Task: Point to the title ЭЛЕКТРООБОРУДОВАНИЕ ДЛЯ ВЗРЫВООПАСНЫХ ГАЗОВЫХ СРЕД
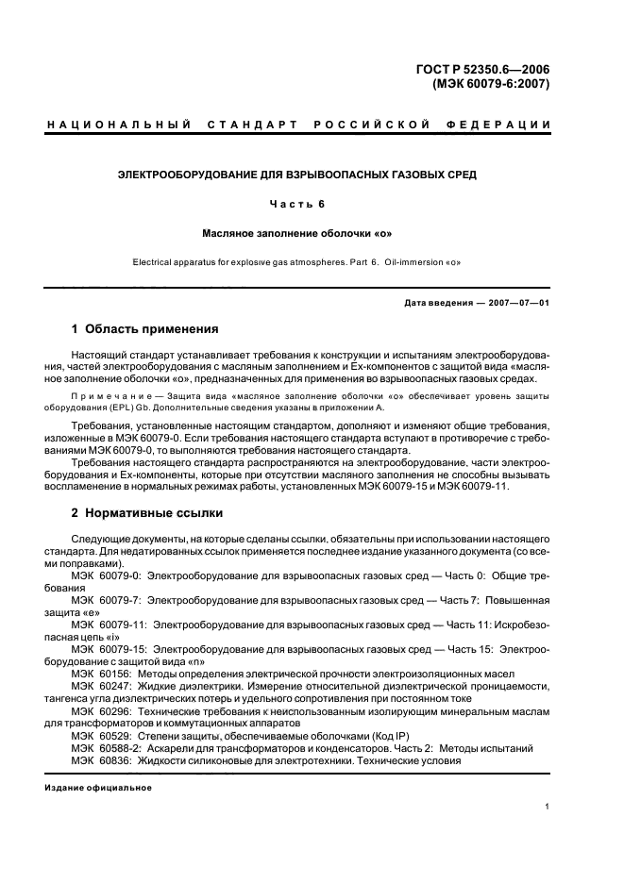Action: pyautogui.click(x=296, y=175)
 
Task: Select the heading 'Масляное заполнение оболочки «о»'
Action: pyautogui.click(x=296, y=231)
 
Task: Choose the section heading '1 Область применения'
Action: pyautogui.click(x=145, y=329)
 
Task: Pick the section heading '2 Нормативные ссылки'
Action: pyautogui.click(x=147, y=513)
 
